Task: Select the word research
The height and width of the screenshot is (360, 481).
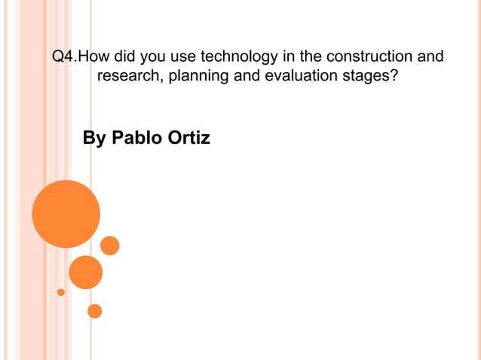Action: (129, 76)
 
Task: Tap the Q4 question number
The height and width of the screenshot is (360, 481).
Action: (63, 56)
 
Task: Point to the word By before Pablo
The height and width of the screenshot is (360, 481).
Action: (93, 139)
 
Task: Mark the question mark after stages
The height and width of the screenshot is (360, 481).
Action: (394, 76)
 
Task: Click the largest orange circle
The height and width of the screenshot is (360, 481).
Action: (66, 214)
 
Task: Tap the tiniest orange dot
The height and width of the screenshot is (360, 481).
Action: (61, 292)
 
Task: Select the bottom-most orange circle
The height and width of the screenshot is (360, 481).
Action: (94, 310)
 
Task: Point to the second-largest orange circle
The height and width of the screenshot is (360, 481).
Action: (85, 272)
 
